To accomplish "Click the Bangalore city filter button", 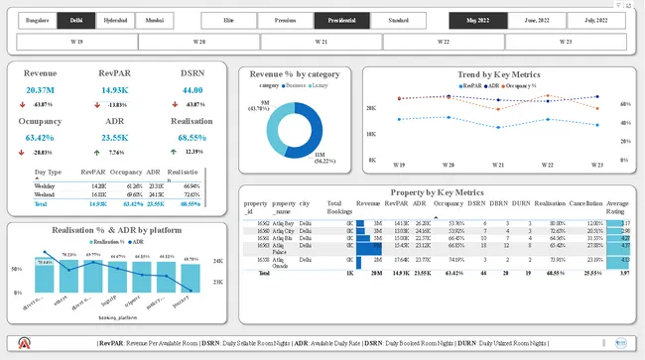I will (x=37, y=20).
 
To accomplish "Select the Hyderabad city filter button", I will (x=116, y=20).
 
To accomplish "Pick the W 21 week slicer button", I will (x=322, y=42).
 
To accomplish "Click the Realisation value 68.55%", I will (x=192, y=137).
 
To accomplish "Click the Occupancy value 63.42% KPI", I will (x=41, y=137).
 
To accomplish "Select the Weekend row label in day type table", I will (x=45, y=195).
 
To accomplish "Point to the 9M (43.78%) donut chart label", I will (x=266, y=105).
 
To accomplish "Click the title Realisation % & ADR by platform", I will (x=117, y=230).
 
